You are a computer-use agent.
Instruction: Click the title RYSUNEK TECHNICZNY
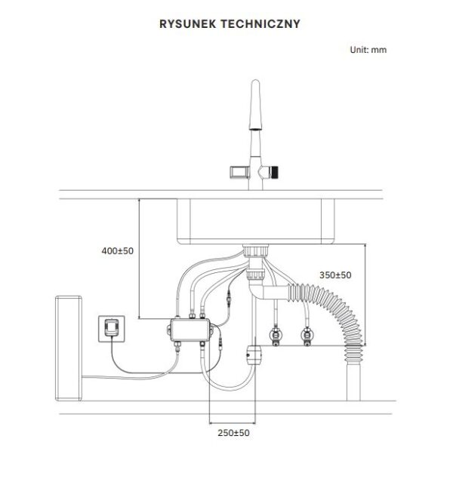tap(230, 24)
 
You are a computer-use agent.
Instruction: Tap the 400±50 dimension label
tap(116, 250)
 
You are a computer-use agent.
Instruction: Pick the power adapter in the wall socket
tap(110, 327)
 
